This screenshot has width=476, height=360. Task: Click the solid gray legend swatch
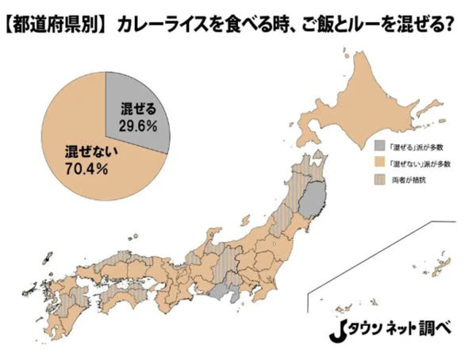pos(380,146)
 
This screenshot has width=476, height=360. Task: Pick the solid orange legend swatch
pos(380,163)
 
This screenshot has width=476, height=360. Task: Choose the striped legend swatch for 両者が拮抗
pos(380,180)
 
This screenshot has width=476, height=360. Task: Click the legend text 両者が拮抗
pos(410,180)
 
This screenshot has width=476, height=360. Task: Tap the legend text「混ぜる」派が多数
pos(416,146)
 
